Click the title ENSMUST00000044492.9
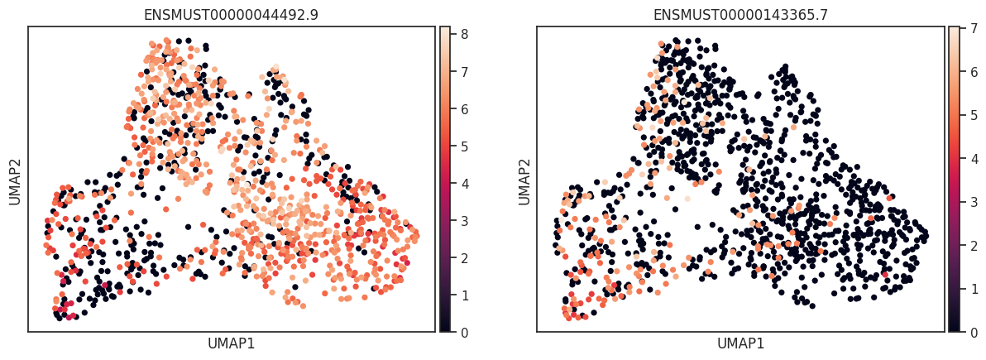pyautogui.click(x=232, y=15)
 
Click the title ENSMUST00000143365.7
pyautogui.click(x=740, y=15)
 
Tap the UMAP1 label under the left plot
pyautogui.click(x=232, y=343)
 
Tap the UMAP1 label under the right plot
pyautogui.click(x=740, y=343)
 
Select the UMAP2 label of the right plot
pyautogui.click(x=524, y=179)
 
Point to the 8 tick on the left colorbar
pyautogui.click(x=465, y=35)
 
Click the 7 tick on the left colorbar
pyautogui.click(x=465, y=72)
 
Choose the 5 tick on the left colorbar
pyautogui.click(x=465, y=146)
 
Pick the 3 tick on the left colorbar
pyautogui.click(x=465, y=221)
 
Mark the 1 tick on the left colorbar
pyautogui.click(x=465, y=295)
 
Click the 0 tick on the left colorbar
pyautogui.click(x=465, y=332)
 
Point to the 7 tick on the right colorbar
pyautogui.click(x=974, y=27)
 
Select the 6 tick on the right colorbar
pyautogui.click(x=974, y=71)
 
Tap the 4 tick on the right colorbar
pyautogui.click(x=974, y=158)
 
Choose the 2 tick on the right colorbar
pyautogui.click(x=974, y=245)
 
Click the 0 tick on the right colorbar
pyautogui.click(x=974, y=332)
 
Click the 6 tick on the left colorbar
pyautogui.click(x=465, y=109)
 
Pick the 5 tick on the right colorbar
pyautogui.click(x=974, y=114)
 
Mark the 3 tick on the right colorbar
pyautogui.click(x=974, y=201)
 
